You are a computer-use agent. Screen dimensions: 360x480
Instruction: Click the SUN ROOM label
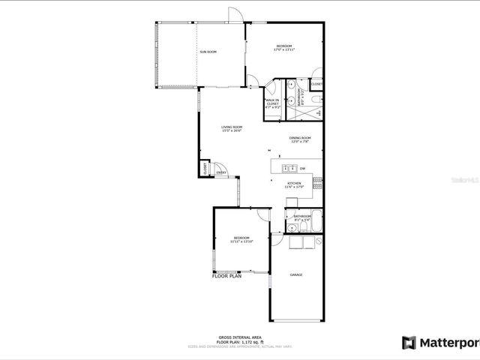pyautogui.click(x=208, y=52)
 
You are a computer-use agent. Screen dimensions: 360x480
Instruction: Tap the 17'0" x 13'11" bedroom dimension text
pyautogui.click(x=284, y=50)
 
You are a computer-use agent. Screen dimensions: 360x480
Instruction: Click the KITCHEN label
pyautogui.click(x=294, y=183)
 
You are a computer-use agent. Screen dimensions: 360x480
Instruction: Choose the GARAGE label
pyautogui.click(x=296, y=275)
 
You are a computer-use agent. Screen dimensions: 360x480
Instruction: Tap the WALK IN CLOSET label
pyautogui.click(x=271, y=102)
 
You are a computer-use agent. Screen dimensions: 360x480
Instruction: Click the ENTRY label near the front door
pyautogui.click(x=221, y=173)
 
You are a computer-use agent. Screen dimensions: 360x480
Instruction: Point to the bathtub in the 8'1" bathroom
pyautogui.click(x=316, y=221)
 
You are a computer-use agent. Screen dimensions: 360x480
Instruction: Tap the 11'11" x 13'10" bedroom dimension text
pyautogui.click(x=241, y=241)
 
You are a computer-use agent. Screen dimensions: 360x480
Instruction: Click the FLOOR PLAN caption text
pyautogui.click(x=226, y=276)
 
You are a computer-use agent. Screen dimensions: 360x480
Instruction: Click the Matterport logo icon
pyautogui.click(x=409, y=343)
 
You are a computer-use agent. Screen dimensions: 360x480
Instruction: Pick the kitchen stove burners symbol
pyautogui.click(x=317, y=180)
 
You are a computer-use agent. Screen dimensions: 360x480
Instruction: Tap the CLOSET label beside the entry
pyautogui.click(x=205, y=169)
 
